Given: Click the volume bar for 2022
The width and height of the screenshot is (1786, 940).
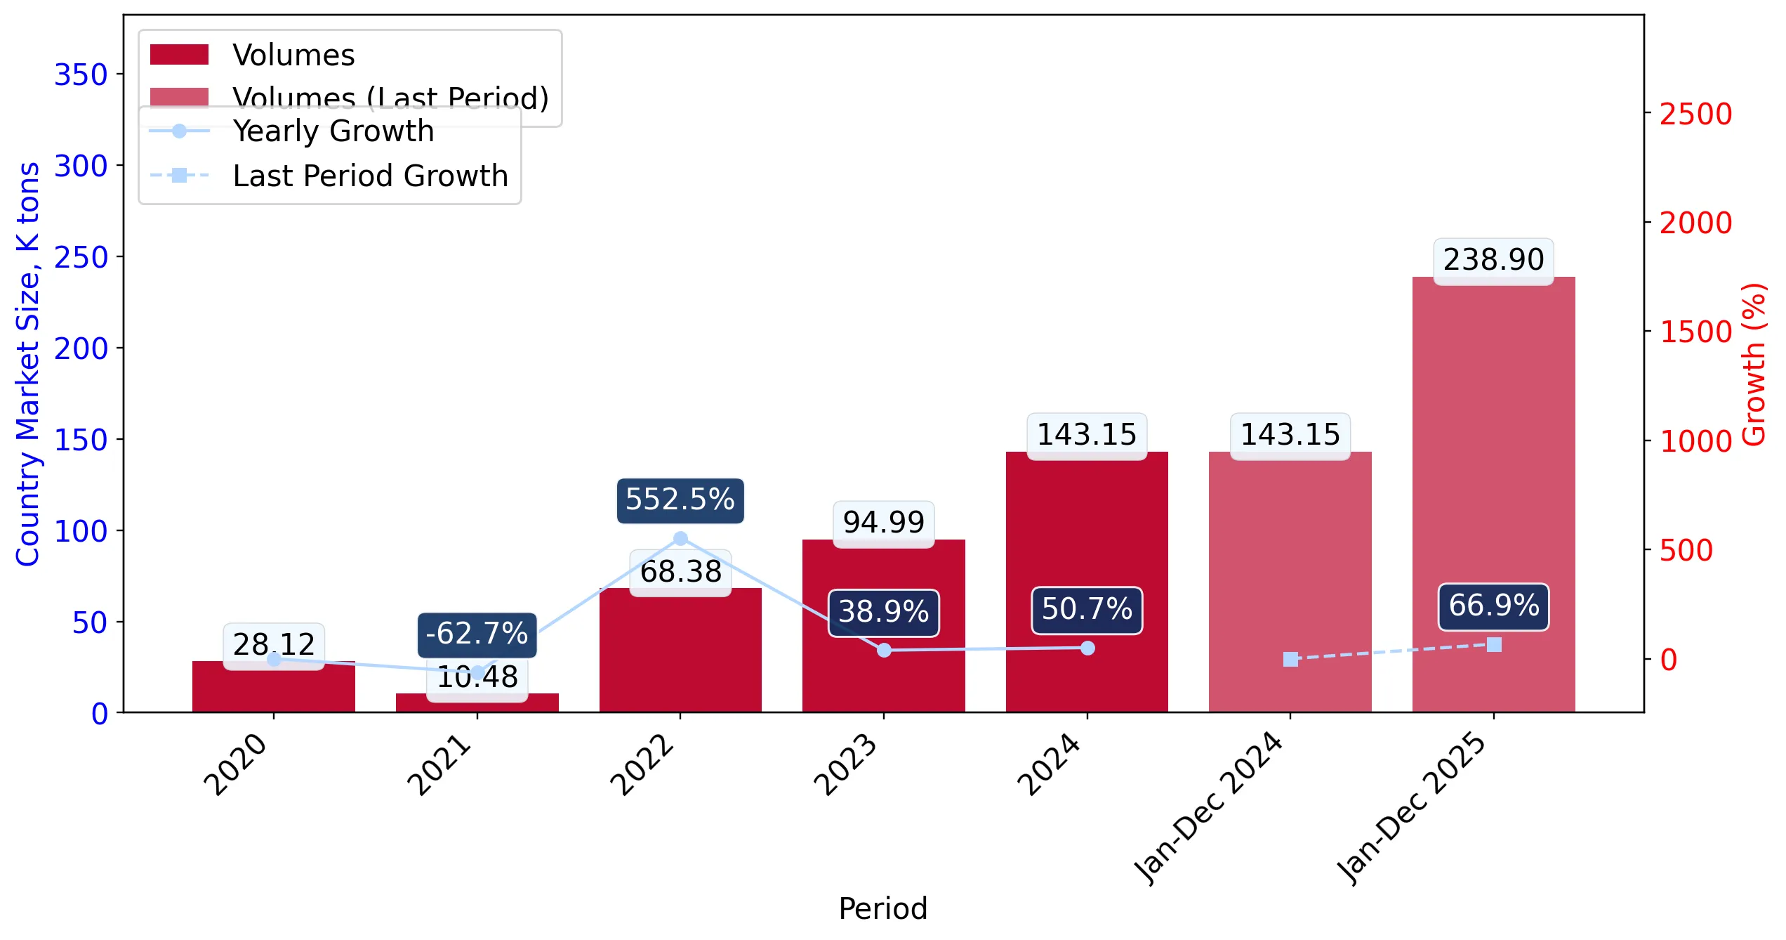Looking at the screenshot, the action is (680, 650).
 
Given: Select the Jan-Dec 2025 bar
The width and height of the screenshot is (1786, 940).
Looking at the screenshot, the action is (1494, 495).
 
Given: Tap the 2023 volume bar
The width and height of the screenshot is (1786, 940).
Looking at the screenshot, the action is (884, 626).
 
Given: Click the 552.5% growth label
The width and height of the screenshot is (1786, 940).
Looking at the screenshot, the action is (680, 500).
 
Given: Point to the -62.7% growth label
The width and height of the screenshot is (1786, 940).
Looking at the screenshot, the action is (477, 634).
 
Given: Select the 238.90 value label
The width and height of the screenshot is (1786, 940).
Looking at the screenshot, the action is (1494, 261).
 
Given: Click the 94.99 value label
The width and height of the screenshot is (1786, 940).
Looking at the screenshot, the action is (884, 523).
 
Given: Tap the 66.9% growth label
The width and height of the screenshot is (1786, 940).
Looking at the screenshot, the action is (1494, 606).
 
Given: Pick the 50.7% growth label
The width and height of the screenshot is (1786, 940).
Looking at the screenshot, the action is (1087, 610).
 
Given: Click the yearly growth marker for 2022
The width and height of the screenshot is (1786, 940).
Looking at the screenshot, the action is (680, 539).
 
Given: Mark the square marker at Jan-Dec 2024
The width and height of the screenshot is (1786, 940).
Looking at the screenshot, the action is (1290, 659).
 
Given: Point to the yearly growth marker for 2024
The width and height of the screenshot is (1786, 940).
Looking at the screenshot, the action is (1087, 648).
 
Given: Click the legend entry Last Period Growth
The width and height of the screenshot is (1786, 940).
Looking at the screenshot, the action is (329, 176).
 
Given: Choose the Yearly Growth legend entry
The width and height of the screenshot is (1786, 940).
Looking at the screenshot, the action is (292, 131).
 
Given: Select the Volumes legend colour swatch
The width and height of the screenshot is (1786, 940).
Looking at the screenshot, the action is (179, 55).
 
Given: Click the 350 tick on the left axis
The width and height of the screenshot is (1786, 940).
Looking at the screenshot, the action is (81, 74).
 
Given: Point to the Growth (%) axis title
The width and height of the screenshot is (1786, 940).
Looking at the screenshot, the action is (1754, 365).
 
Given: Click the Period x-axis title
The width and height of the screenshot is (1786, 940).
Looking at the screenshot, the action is (883, 908).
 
